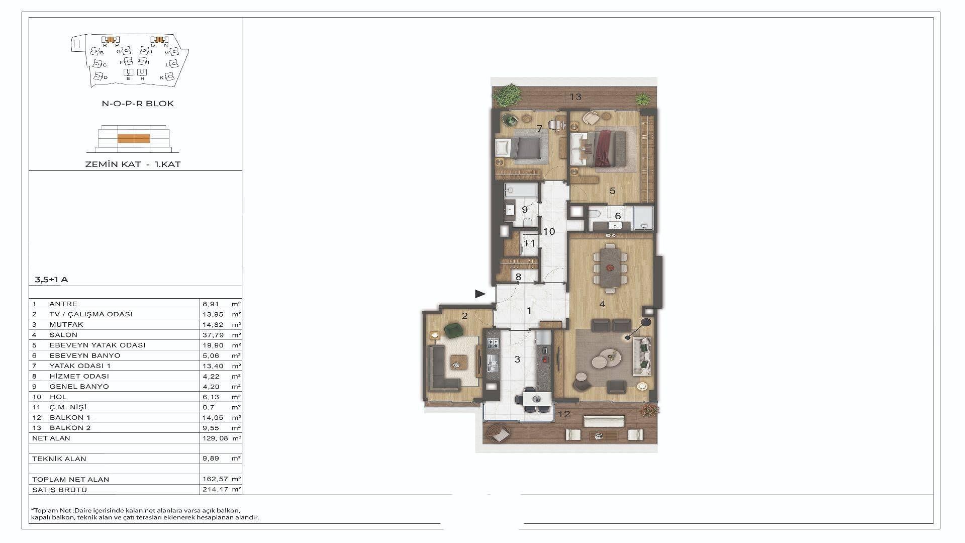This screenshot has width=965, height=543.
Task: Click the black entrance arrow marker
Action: [x=480, y=294]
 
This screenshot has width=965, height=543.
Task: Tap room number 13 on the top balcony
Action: [x=575, y=97]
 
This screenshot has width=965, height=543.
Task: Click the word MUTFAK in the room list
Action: [x=66, y=324]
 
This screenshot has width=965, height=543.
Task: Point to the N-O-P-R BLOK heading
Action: [x=138, y=104]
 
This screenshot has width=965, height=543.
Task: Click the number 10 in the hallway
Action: [x=549, y=232]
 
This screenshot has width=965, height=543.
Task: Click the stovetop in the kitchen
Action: [x=493, y=344]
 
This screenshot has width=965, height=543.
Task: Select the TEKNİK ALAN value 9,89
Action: [x=210, y=459]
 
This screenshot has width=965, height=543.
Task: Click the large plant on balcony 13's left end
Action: [x=507, y=94]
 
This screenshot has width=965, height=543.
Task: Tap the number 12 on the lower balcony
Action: [x=564, y=414]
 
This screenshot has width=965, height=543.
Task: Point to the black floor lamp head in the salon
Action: [x=646, y=322]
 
